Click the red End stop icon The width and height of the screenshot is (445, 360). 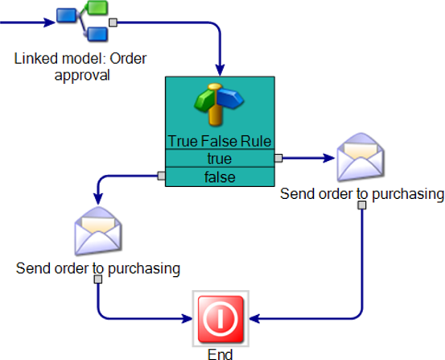220,318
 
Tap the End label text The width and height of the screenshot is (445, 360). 220,354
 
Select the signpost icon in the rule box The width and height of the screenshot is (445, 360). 219,104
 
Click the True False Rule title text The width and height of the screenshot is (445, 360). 220,141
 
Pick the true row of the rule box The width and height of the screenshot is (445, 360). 220,159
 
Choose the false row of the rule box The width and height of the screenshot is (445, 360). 220,177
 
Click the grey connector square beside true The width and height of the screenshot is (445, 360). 278,158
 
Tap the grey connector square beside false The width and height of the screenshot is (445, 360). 162,176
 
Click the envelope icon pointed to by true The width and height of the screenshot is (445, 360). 361,156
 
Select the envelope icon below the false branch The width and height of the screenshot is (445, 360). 98,230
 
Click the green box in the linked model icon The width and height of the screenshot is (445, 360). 97,8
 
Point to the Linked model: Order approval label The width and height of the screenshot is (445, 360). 80,67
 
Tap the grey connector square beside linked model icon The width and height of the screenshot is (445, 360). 113,23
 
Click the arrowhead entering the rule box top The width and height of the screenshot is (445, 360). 220,69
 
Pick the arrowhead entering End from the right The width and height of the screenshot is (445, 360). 254,318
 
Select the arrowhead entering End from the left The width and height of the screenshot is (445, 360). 187,318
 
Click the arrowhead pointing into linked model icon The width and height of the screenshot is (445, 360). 49,23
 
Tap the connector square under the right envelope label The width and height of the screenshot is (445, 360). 362,205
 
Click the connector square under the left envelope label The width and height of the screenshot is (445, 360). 98,279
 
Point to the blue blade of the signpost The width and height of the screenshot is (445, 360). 230,98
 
